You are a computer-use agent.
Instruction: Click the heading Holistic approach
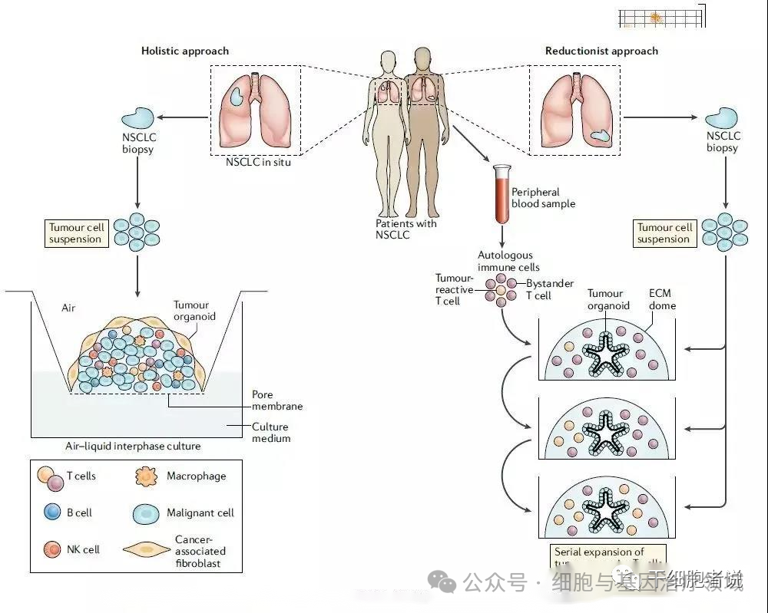point(184,51)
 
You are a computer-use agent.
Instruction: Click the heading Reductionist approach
point(601,51)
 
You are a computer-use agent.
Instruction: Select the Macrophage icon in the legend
point(145,476)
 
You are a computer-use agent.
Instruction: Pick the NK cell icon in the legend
point(52,549)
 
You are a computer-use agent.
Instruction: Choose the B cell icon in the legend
point(52,512)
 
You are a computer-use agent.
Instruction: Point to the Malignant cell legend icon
point(146,513)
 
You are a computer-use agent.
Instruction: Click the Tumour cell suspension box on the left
point(75,233)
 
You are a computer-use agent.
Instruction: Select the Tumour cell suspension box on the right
point(664,233)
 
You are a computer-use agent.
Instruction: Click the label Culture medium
point(271,433)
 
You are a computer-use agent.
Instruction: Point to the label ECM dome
point(662,299)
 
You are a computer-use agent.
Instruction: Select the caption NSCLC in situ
point(258,162)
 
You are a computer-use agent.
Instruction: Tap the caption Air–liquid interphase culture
point(133,446)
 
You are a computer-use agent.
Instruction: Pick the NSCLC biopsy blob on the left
point(138,118)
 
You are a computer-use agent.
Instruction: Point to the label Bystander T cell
point(549,289)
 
